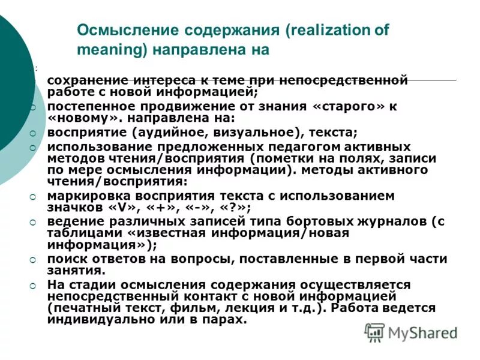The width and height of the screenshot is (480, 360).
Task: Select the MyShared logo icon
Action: [x=375, y=332]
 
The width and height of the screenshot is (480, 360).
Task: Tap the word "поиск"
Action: [x=64, y=259]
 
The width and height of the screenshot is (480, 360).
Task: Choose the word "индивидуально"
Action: [x=96, y=319]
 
